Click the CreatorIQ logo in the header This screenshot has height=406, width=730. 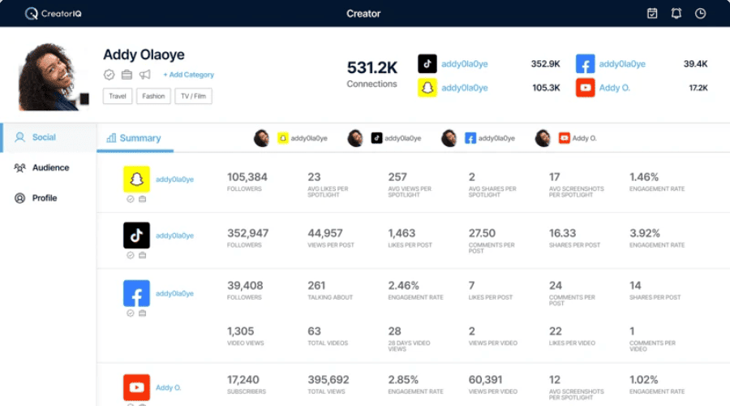coord(54,13)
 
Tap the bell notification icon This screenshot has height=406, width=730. coord(676,13)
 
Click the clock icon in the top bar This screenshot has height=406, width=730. coord(700,13)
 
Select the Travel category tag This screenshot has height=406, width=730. coord(118,96)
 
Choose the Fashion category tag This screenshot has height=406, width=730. coord(152,96)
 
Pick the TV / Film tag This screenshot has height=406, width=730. coord(193,96)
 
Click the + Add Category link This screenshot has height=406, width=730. coord(188,75)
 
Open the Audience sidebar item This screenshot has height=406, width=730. coord(50,168)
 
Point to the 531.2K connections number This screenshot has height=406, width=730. coord(372,68)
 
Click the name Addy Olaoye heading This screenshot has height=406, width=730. coord(144,55)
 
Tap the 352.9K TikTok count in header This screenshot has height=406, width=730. coord(545,64)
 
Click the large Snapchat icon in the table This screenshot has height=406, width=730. coord(136,179)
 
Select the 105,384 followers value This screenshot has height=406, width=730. coord(247,177)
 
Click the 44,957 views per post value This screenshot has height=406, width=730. coord(325,233)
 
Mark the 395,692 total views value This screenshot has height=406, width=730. coord(328,379)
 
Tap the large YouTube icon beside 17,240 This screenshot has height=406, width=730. coord(136,387)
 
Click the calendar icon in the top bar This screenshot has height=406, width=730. coord(652,13)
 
